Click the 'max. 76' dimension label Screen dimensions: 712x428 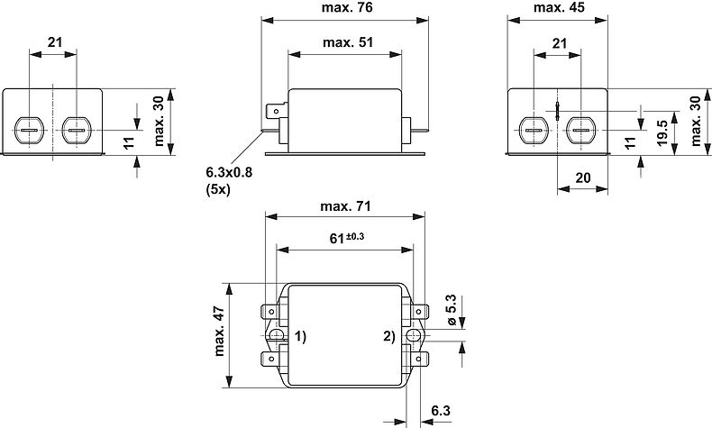(x=347, y=8)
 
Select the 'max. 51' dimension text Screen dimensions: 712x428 (x=348, y=42)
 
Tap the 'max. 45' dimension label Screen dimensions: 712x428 (x=559, y=8)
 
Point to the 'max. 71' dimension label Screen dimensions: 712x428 (x=345, y=206)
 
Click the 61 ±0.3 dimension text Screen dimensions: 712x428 (x=347, y=237)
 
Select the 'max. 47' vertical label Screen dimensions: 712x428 (x=219, y=331)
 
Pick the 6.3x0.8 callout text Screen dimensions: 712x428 (x=229, y=172)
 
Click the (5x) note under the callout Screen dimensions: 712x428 (x=218, y=189)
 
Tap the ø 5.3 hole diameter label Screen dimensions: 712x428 (x=451, y=310)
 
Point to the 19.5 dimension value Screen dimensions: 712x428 (x=662, y=133)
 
